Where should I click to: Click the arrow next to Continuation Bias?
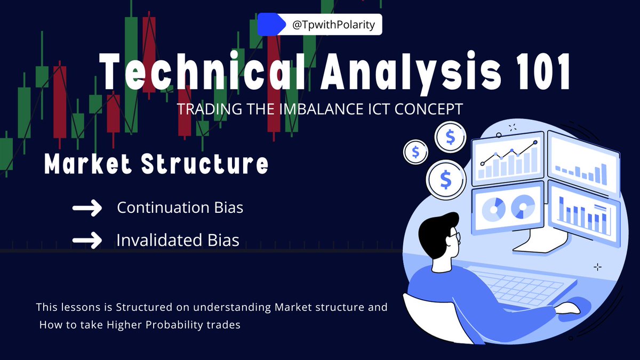coord(87,209)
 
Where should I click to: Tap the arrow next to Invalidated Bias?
coord(87,241)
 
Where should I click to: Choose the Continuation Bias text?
coord(180,207)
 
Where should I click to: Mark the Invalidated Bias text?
coord(178,240)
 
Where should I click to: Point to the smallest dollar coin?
coord(416,153)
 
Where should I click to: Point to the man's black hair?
coord(435,227)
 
